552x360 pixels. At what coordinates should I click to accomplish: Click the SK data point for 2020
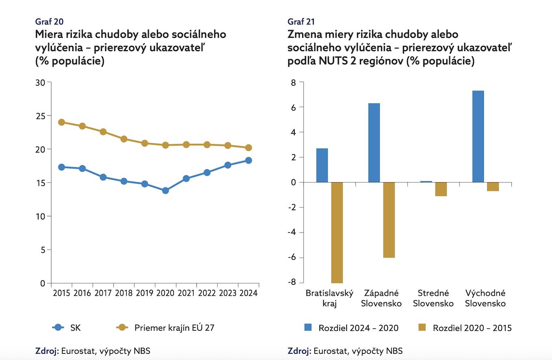(165, 190)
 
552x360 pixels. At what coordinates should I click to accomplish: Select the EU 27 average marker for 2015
(62, 122)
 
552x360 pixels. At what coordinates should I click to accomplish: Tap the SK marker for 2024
(248, 160)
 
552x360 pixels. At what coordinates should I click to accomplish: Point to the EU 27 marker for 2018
(124, 139)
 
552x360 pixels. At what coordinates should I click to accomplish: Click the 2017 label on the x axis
(103, 293)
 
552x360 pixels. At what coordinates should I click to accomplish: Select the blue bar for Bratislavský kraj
(322, 165)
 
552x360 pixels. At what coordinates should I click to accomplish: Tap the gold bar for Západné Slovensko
(389, 220)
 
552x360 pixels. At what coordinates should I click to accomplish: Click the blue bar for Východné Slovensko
(478, 136)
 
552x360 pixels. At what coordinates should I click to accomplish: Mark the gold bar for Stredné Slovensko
(441, 189)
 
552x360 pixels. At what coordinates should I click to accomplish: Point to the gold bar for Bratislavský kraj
(337, 233)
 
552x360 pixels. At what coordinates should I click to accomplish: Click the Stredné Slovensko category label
(433, 298)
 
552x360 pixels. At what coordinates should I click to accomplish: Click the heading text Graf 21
(301, 22)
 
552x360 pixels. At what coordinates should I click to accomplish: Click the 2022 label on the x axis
(207, 293)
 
